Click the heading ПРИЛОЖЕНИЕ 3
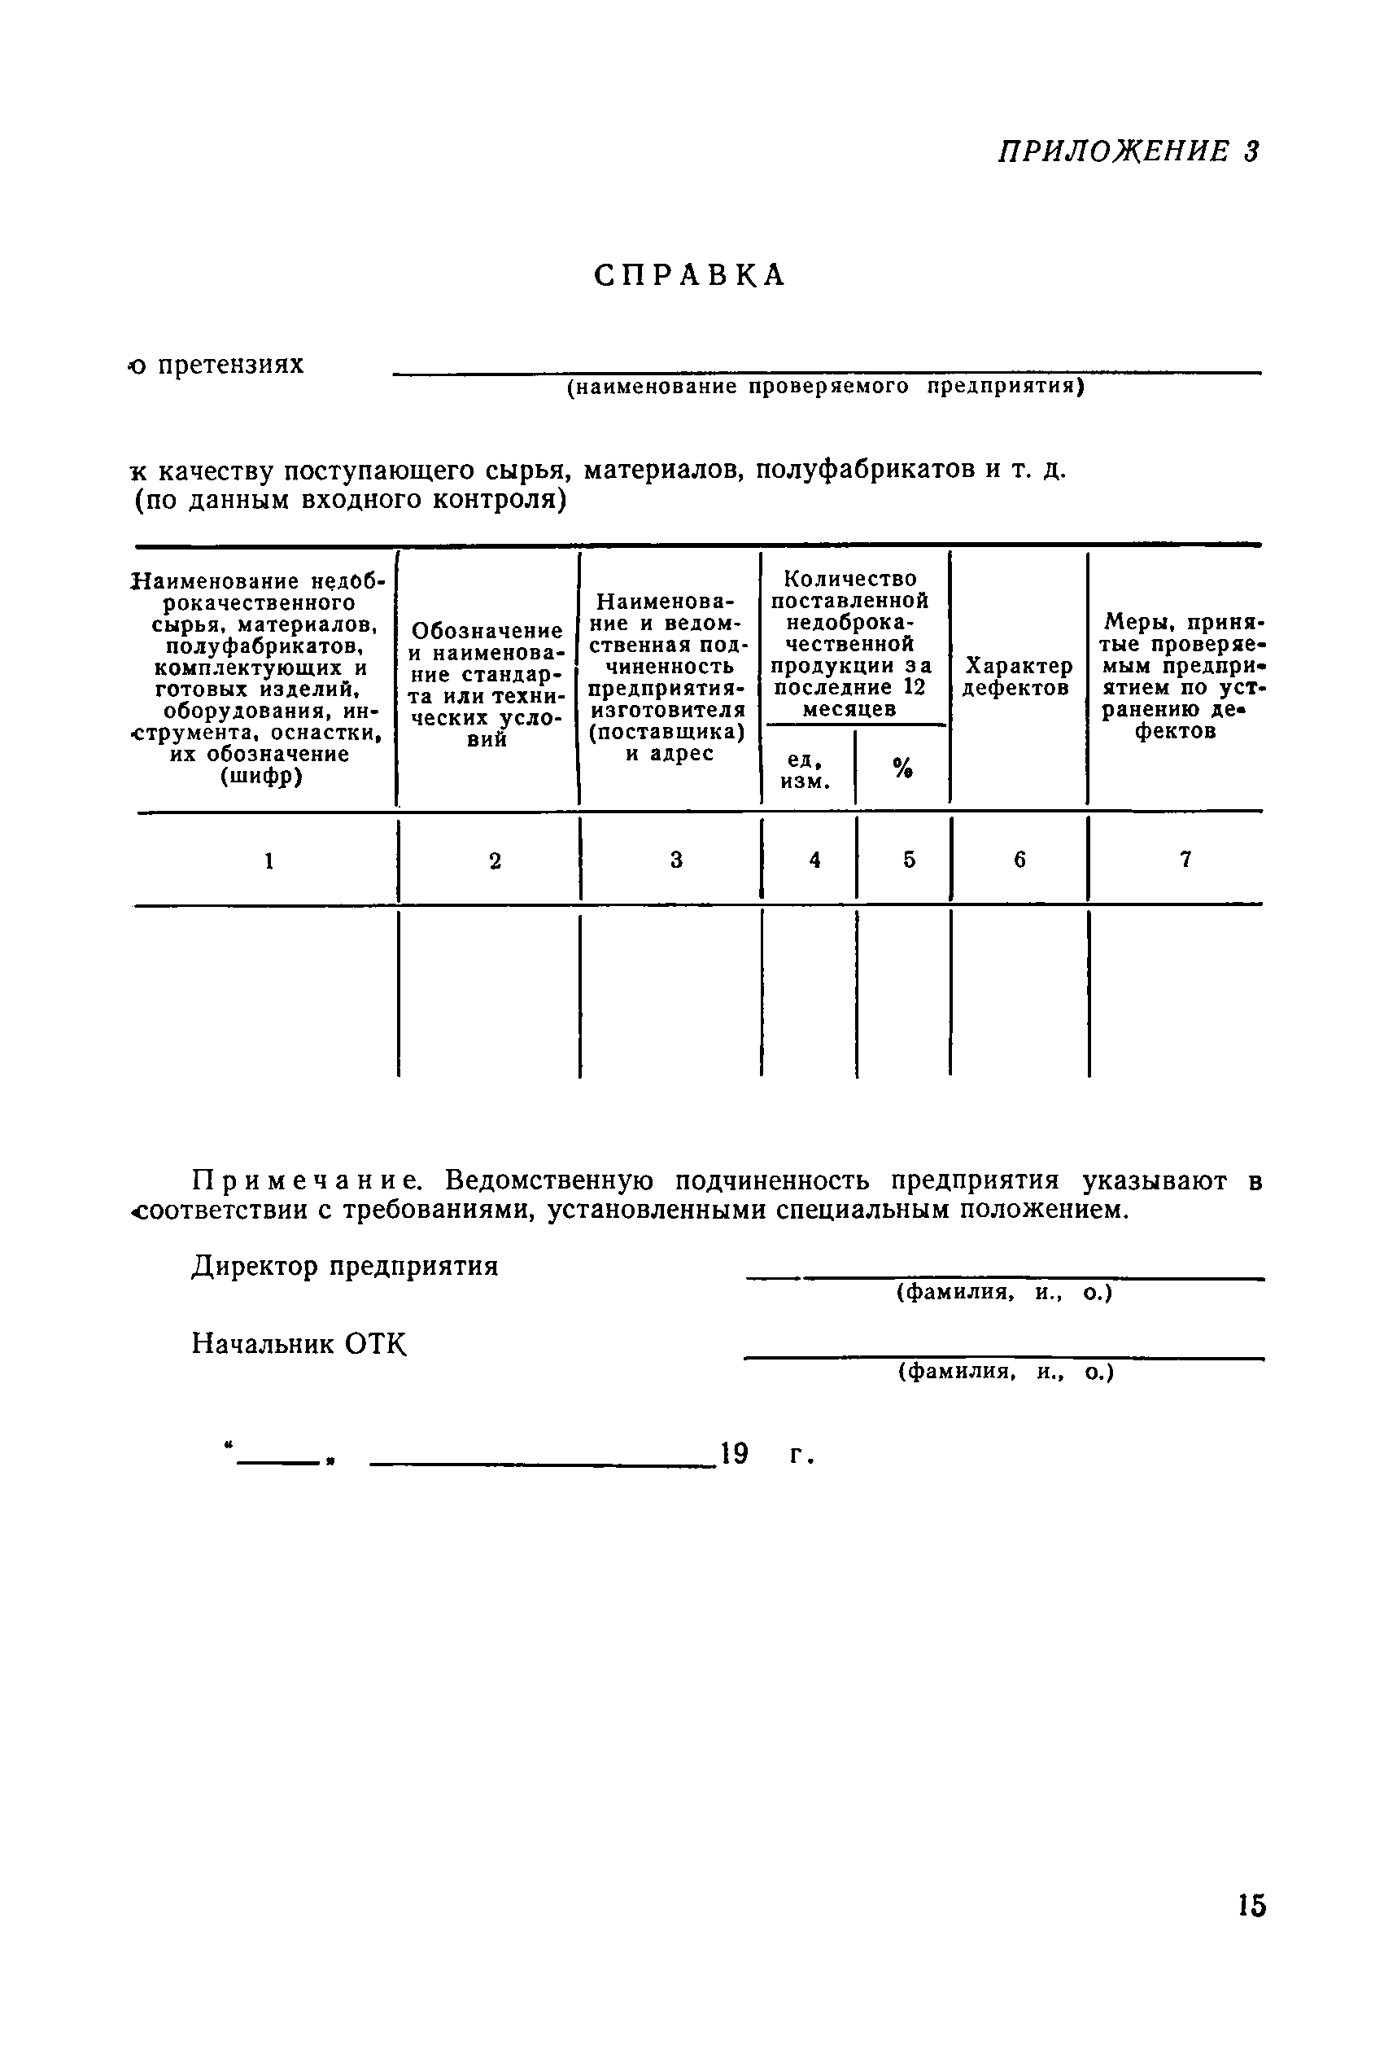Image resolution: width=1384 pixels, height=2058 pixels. point(1128,151)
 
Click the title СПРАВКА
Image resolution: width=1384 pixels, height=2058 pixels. point(689,275)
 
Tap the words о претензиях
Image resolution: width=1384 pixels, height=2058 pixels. point(217,364)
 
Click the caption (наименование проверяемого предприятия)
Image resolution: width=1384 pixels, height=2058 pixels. point(825,387)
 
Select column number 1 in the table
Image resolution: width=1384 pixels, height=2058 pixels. point(269,860)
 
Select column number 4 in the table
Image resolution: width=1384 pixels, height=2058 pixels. point(814,859)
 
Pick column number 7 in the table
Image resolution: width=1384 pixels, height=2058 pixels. point(1185,859)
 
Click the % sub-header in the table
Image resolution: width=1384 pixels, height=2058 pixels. point(902,768)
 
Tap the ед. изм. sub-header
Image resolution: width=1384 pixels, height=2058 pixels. point(806,771)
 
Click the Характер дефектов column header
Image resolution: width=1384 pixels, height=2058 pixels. point(1019,677)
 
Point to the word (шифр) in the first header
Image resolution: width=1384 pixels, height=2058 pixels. point(260,776)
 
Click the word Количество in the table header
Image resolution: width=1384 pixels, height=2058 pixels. point(850,579)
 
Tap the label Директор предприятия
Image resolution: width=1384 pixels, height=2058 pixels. point(345,1266)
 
